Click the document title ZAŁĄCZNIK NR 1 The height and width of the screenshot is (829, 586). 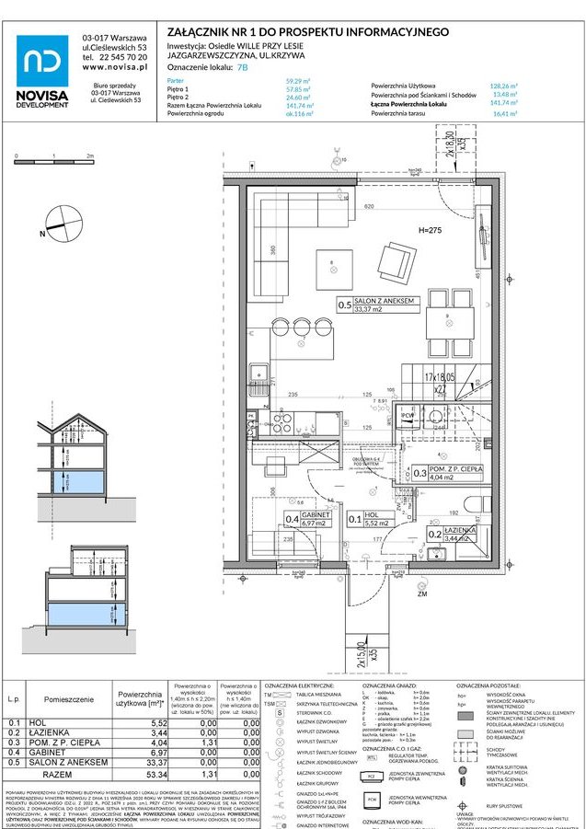pos(307,32)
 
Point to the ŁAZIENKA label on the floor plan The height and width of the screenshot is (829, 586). pos(458,533)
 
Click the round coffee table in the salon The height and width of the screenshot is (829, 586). pos(331,268)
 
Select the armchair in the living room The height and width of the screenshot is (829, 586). pos(396,260)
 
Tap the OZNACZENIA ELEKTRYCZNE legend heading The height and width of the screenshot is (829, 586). pos(299,686)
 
